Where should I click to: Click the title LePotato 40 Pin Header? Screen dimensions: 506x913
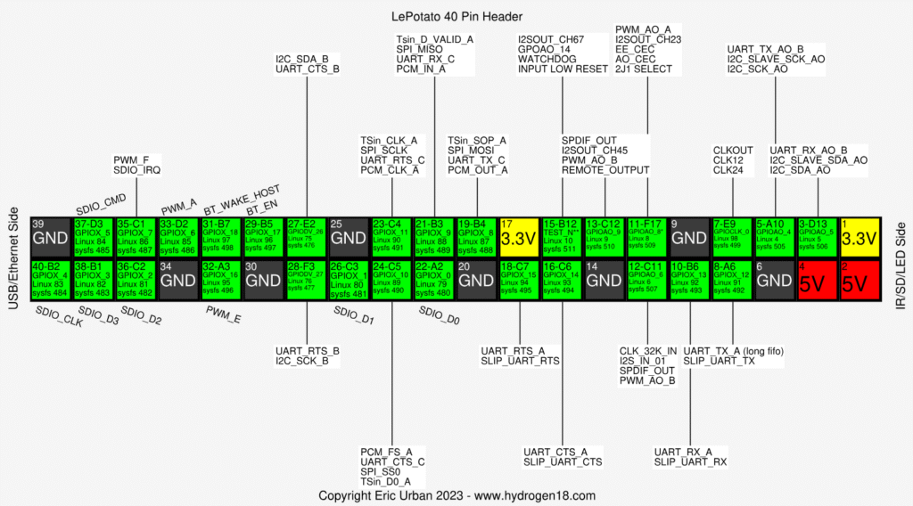(x=456, y=17)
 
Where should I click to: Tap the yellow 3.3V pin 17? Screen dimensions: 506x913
(x=518, y=236)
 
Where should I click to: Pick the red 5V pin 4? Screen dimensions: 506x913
(x=818, y=279)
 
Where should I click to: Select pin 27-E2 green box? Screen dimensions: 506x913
(x=307, y=236)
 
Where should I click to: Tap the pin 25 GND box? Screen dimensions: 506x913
(x=349, y=236)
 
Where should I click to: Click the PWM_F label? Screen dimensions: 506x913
(x=131, y=159)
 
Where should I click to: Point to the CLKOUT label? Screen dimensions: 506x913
(x=733, y=150)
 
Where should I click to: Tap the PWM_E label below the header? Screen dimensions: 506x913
(x=223, y=314)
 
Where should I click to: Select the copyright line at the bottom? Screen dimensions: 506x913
(x=456, y=494)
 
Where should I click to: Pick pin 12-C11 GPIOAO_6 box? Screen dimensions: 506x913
(x=646, y=279)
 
